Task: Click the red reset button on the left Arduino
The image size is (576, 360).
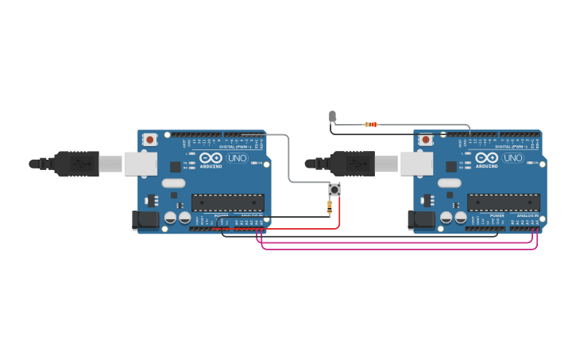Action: pyautogui.click(x=149, y=140)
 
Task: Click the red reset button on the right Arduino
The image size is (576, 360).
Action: pyautogui.click(x=425, y=140)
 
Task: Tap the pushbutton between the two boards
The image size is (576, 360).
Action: pyautogui.click(x=335, y=190)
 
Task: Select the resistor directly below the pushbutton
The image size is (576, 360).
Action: pyautogui.click(x=331, y=207)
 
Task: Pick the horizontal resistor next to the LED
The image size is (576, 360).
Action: pyautogui.click(x=370, y=124)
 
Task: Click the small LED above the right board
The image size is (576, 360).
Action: pyautogui.click(x=333, y=117)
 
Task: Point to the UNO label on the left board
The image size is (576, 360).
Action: pyautogui.click(x=238, y=158)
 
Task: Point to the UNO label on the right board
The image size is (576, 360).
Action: pyautogui.click(x=513, y=158)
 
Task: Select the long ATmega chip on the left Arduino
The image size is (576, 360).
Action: pyautogui.click(x=227, y=203)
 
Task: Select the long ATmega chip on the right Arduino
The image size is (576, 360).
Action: pyautogui.click(x=503, y=203)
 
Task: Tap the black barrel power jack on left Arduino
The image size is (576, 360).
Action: pyautogui.click(x=145, y=220)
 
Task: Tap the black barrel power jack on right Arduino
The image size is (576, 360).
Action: pyautogui.click(x=420, y=220)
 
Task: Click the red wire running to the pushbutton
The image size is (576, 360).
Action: pyautogui.click(x=340, y=215)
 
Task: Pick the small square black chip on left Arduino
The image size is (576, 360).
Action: pyautogui.click(x=176, y=167)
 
